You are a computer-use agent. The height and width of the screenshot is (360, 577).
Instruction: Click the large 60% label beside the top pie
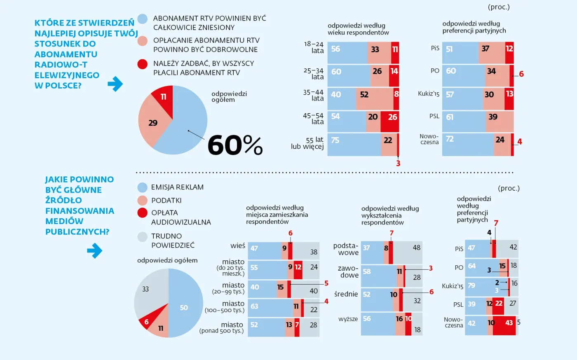[x=235, y=145]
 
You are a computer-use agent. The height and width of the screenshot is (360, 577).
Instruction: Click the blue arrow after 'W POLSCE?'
[x=115, y=84]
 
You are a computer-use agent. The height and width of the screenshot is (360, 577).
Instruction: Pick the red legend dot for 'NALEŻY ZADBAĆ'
[x=142, y=64]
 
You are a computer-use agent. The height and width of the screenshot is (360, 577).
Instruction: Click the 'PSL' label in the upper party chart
[x=434, y=116]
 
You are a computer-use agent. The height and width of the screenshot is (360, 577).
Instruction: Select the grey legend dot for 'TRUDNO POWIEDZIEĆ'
[x=142, y=237]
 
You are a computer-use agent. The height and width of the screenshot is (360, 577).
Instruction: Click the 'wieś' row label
[x=238, y=246]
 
